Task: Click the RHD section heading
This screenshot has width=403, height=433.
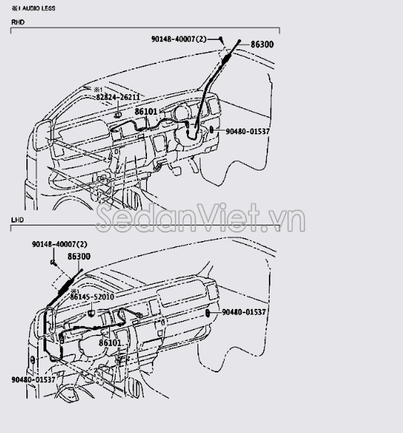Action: (x=18, y=22)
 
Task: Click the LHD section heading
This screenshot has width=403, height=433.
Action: (x=17, y=220)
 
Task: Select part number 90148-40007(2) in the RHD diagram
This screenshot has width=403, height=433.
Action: (x=179, y=39)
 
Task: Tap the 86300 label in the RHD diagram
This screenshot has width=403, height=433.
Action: (x=262, y=44)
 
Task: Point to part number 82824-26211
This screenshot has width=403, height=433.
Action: (x=118, y=97)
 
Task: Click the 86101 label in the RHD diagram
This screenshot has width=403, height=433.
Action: (x=146, y=111)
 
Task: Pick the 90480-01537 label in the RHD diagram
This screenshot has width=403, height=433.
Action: (x=248, y=131)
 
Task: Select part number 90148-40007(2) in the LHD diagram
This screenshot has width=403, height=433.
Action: (x=60, y=244)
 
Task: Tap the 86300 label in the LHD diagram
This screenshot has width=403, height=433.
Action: (x=79, y=257)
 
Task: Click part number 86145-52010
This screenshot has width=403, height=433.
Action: (x=92, y=297)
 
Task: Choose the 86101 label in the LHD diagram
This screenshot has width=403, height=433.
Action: (x=110, y=342)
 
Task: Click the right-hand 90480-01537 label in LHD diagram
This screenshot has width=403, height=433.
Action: (x=244, y=312)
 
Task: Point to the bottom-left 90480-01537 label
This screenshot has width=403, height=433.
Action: (x=34, y=379)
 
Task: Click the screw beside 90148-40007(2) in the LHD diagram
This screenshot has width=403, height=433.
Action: (x=53, y=263)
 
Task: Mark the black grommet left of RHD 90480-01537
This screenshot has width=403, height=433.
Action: (x=211, y=130)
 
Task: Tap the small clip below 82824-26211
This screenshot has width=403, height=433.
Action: (x=118, y=115)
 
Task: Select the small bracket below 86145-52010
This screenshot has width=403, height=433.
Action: (x=91, y=312)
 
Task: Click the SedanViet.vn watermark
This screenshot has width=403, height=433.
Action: (x=200, y=218)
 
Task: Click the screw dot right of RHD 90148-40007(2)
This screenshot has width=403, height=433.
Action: (x=220, y=39)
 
